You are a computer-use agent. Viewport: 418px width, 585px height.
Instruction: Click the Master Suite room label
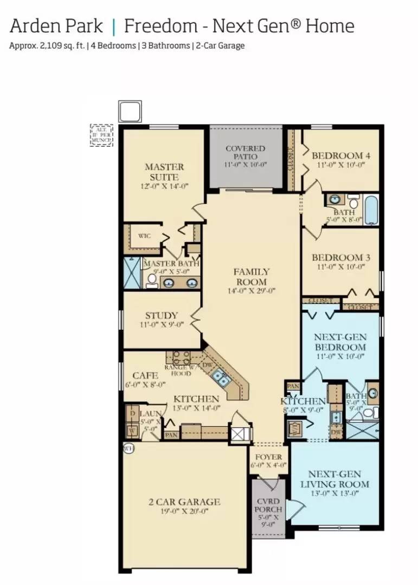coord(164,172)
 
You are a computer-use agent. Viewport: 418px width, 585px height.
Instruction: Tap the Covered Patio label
coord(245,153)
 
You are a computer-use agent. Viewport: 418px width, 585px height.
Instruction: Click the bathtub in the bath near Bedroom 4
coord(371,211)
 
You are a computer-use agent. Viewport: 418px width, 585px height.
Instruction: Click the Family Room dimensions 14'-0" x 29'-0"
coord(251,290)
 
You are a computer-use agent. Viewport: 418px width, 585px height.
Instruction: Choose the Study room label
coord(162,316)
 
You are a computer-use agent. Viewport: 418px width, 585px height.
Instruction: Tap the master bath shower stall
coord(132,272)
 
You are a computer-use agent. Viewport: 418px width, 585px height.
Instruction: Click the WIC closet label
coord(144,236)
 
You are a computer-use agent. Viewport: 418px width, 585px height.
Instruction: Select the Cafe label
coord(145,375)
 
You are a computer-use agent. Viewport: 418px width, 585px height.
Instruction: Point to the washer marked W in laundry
coord(132,431)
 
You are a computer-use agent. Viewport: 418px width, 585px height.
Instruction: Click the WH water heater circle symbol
coord(128,448)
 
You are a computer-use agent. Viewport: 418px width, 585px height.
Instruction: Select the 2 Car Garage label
coord(184,502)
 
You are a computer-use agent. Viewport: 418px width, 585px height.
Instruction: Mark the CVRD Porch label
coord(268,505)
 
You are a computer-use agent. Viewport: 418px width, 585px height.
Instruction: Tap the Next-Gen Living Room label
coord(335,479)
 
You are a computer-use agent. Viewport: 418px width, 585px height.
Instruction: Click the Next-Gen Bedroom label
coord(340,342)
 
